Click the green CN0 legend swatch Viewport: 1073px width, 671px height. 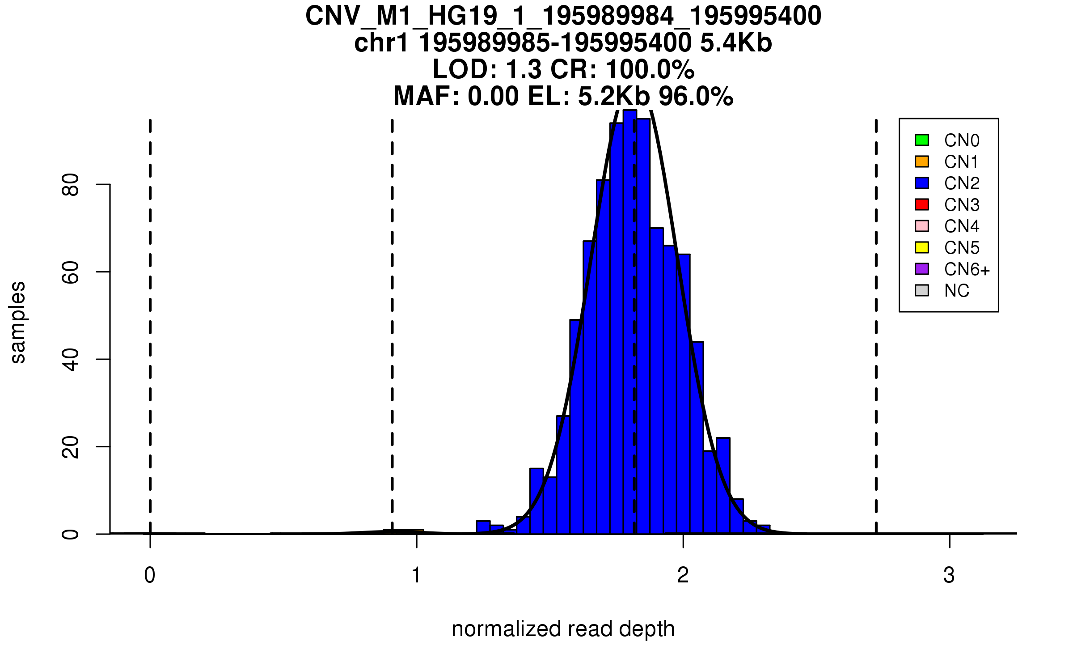point(922,140)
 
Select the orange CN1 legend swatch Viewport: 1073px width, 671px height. point(922,161)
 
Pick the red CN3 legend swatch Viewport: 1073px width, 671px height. point(922,204)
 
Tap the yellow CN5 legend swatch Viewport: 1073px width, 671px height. point(922,247)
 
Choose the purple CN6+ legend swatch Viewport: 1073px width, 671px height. point(922,269)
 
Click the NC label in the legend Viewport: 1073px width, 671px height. point(956,291)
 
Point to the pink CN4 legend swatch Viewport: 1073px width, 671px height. point(922,226)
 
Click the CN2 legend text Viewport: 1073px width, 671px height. point(962,183)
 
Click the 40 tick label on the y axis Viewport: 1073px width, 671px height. point(71,359)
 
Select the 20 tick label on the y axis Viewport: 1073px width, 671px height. point(71,447)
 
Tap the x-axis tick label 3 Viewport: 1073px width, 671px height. point(949,575)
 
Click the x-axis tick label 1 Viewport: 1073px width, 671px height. point(417,575)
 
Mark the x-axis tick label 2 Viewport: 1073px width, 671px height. point(683,575)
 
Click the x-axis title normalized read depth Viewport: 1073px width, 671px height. point(563,629)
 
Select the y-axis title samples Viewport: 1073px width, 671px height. point(18,322)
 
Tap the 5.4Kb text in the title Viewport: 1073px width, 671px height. point(736,43)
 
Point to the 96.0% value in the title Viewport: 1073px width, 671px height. point(696,96)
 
